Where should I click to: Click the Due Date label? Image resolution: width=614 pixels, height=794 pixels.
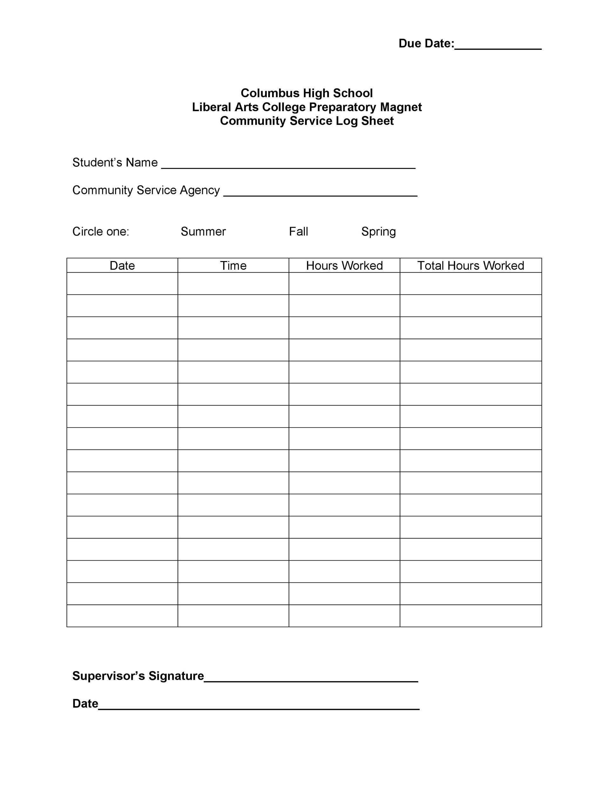point(426,44)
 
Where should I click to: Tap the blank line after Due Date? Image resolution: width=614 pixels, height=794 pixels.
point(498,47)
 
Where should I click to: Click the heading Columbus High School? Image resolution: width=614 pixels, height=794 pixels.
point(307,93)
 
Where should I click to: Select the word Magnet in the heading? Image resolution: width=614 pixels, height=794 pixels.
point(401,107)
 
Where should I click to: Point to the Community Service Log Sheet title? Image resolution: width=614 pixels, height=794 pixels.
point(307,121)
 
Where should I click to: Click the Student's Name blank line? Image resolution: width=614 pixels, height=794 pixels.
point(288,165)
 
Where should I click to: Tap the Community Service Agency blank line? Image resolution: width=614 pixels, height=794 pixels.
point(320,193)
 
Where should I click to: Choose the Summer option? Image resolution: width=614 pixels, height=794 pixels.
point(203,232)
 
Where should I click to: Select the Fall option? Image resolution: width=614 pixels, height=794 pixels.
point(298,232)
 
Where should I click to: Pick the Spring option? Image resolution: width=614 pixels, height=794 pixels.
point(378,232)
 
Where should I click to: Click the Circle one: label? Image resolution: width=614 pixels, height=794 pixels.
point(101,232)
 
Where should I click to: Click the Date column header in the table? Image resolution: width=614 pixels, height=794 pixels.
point(122,266)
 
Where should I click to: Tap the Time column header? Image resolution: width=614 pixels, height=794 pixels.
point(233,266)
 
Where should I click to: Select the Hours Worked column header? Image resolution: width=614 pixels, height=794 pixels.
point(344,266)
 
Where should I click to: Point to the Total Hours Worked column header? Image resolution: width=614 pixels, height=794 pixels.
point(470,266)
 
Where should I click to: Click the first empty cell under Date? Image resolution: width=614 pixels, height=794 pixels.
point(122,284)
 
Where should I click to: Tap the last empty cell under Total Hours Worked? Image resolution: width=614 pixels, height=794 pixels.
point(470,616)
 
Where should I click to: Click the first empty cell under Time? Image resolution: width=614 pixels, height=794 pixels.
point(233,284)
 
